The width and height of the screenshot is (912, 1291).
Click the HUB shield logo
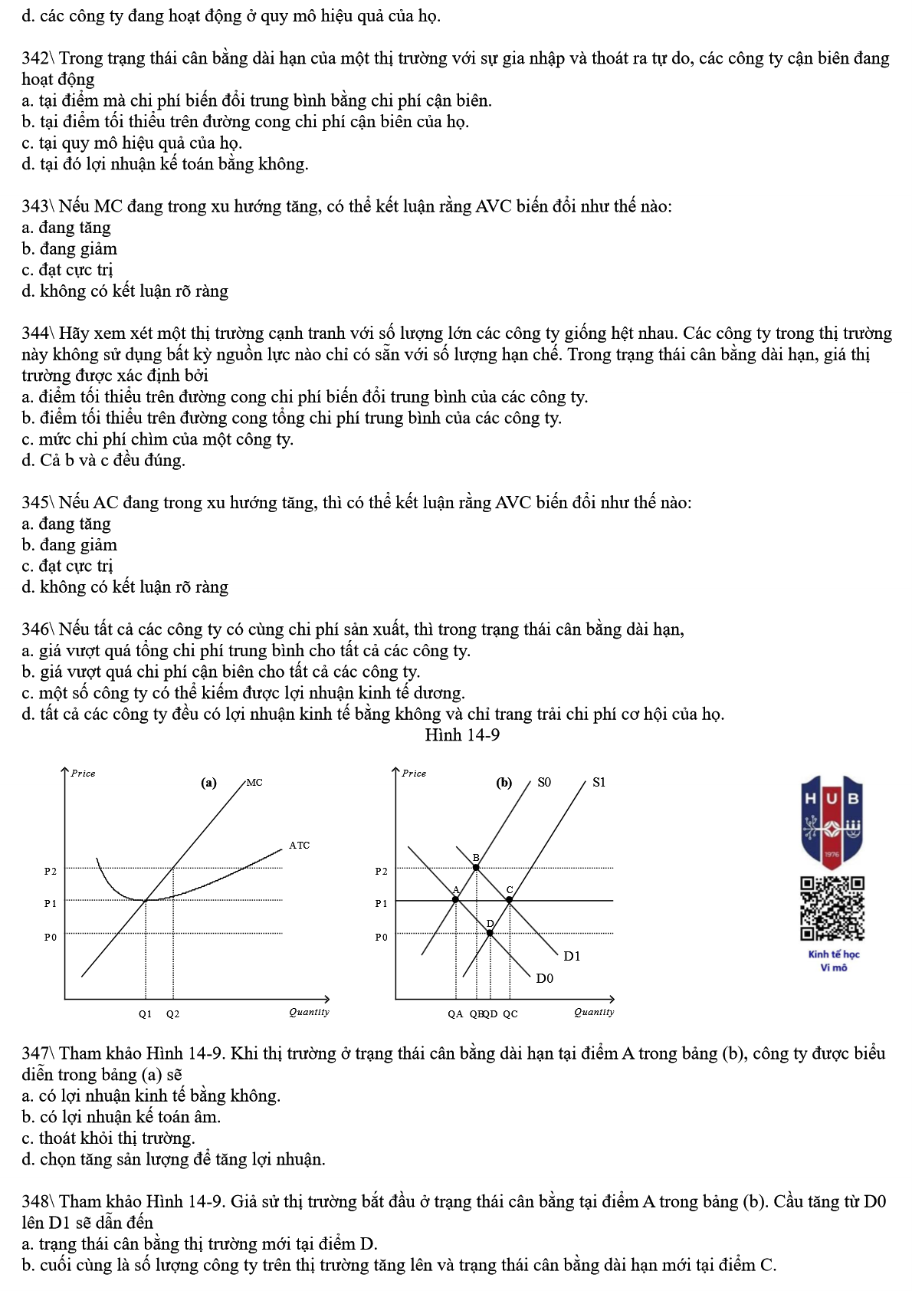tap(832, 820)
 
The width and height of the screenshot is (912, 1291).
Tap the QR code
tap(832, 908)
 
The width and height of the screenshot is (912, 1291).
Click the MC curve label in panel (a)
tap(254, 783)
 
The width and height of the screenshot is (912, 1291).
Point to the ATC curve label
tap(299, 846)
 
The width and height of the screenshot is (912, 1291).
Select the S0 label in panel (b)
tap(543, 782)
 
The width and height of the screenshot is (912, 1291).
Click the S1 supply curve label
tap(599, 782)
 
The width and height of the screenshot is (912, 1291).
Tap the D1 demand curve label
tap(572, 956)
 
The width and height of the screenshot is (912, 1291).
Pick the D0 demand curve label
tap(544, 978)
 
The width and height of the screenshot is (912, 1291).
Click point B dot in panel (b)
tap(476, 867)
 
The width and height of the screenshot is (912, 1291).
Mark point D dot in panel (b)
tap(490, 933)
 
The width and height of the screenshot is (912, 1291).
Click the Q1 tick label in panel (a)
tap(145, 1013)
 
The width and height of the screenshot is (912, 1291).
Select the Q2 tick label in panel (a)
tap(172, 1013)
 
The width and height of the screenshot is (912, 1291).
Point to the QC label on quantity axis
tap(510, 1013)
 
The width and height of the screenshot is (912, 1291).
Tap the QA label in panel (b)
tap(455, 1013)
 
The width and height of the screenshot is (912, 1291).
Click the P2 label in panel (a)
tap(51, 871)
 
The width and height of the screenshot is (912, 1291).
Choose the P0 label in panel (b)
tap(381, 937)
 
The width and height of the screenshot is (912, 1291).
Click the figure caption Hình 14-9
tap(462, 734)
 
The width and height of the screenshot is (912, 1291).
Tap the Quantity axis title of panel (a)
tap(309, 1012)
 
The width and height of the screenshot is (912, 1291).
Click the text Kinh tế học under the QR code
tap(833, 954)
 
